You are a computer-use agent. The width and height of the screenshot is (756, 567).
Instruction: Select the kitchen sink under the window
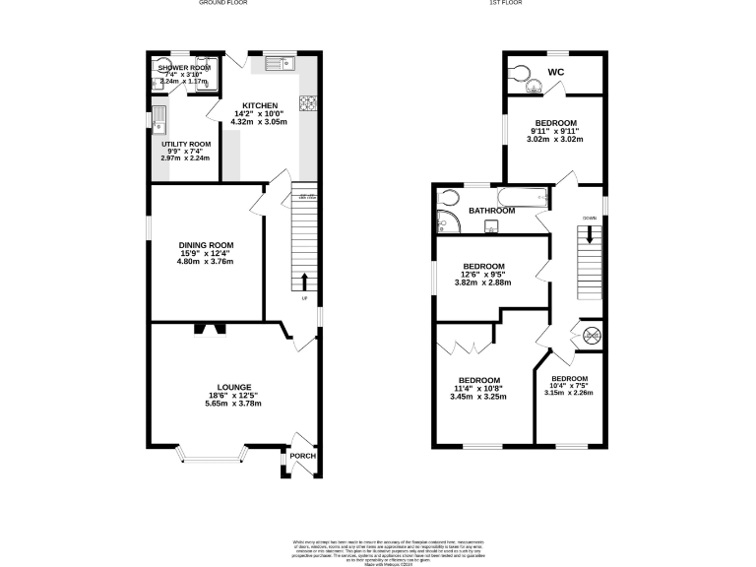tap(282, 64)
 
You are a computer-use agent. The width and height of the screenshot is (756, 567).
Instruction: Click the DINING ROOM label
tap(206, 245)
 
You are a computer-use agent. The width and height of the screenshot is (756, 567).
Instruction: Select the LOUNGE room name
tap(234, 387)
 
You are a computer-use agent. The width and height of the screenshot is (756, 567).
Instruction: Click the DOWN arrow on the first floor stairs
tap(590, 235)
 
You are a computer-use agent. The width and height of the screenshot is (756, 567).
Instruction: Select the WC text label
tap(556, 73)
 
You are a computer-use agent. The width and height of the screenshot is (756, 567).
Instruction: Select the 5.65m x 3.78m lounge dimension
tap(234, 404)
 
